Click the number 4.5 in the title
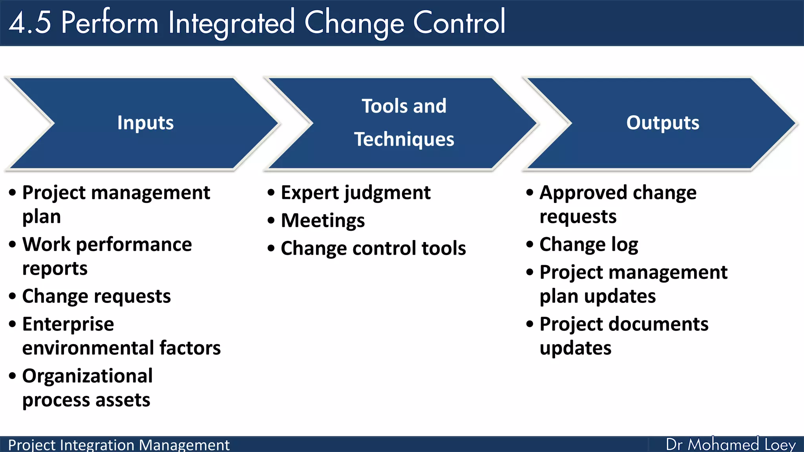(x=30, y=22)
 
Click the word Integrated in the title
(x=231, y=23)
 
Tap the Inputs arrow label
(x=145, y=123)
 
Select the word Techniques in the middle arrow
(x=404, y=140)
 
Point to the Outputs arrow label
(x=662, y=123)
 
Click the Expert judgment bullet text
(x=355, y=193)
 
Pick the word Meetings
(x=323, y=221)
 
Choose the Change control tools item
(x=373, y=248)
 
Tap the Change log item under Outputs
(x=588, y=245)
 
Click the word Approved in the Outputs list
(x=584, y=193)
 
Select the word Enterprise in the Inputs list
(x=68, y=324)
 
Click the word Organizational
(x=87, y=376)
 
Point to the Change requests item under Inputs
(x=96, y=296)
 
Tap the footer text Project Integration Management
(x=119, y=445)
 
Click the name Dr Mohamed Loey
(x=730, y=445)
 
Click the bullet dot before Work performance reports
(x=13, y=244)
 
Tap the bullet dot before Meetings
(x=271, y=221)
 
